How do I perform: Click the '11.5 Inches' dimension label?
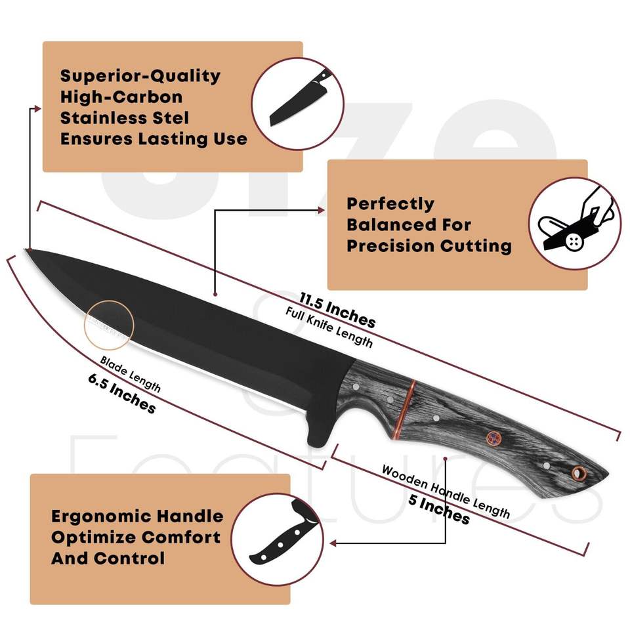click(x=337, y=309)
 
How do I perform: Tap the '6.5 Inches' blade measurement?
click(x=121, y=394)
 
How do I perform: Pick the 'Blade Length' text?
click(x=130, y=374)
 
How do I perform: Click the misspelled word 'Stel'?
click(x=170, y=118)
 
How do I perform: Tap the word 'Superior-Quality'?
click(x=140, y=76)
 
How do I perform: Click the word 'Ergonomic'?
click(x=105, y=516)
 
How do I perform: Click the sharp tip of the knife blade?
click(x=28, y=249)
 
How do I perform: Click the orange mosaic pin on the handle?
click(x=492, y=437)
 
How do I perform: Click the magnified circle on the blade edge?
click(x=108, y=324)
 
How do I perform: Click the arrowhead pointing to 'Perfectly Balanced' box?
click(x=322, y=211)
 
